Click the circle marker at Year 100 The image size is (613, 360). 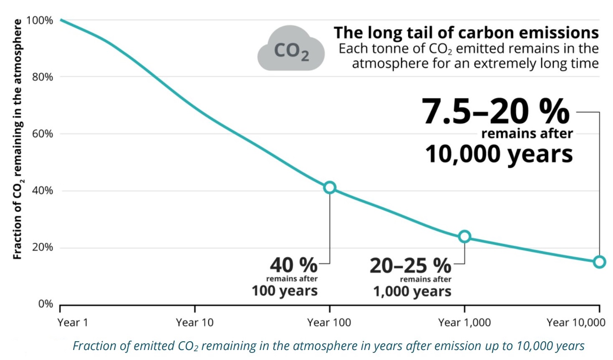click(x=330, y=188)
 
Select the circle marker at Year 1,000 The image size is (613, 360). click(x=464, y=237)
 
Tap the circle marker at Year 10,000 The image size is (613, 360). click(x=599, y=262)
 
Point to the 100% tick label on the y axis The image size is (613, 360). click(x=40, y=20)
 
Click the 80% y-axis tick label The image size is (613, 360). click(x=42, y=77)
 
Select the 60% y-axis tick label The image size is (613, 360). click(x=42, y=134)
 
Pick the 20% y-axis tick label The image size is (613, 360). click(x=42, y=247)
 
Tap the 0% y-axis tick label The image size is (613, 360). click(x=45, y=304)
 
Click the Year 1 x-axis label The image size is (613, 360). click(x=73, y=322)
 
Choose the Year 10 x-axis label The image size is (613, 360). click(x=194, y=322)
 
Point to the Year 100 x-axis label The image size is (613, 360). click(x=329, y=322)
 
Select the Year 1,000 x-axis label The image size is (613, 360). click(x=464, y=322)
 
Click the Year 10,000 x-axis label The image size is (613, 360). click(x=575, y=322)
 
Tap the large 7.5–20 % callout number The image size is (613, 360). click(x=495, y=111)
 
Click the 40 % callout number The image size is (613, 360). click(x=293, y=265)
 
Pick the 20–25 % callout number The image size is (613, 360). click(x=410, y=265)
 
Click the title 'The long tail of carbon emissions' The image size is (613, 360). click(x=466, y=33)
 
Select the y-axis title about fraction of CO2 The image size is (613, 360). click(x=18, y=139)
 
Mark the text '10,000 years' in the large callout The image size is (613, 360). click(x=499, y=154)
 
